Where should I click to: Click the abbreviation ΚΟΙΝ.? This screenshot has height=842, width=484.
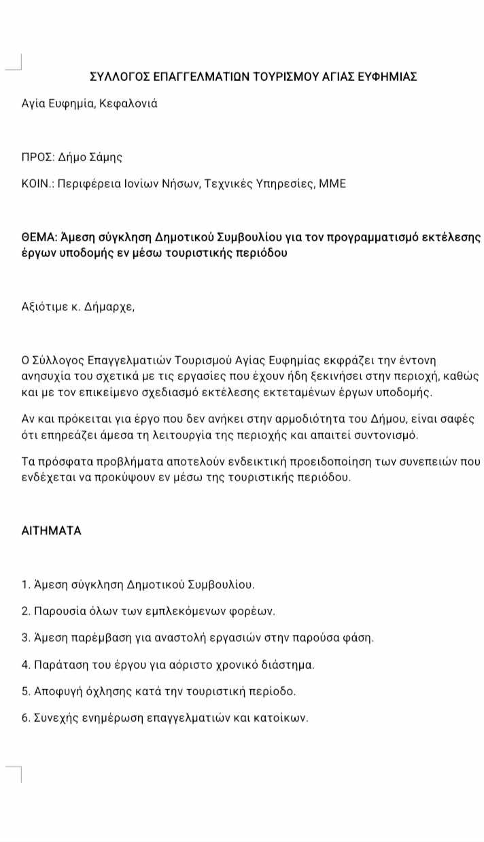[x=39, y=183]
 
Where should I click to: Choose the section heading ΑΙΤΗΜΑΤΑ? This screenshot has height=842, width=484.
[x=52, y=531]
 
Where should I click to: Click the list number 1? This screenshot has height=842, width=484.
[x=25, y=584]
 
